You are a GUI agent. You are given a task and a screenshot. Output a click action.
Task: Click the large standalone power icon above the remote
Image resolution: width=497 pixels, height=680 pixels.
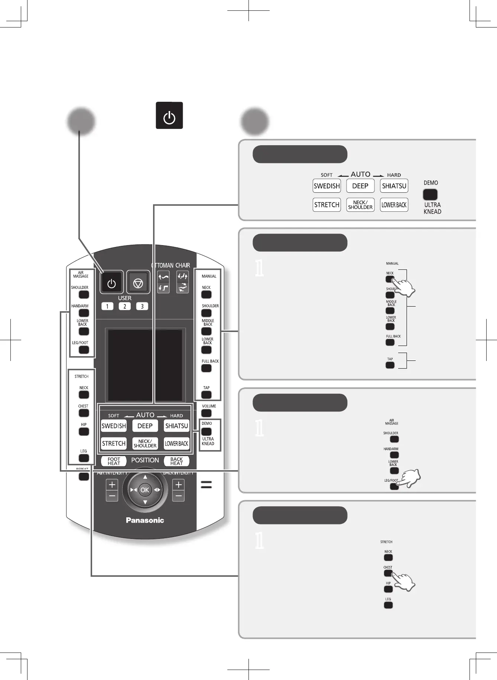pyautogui.click(x=169, y=115)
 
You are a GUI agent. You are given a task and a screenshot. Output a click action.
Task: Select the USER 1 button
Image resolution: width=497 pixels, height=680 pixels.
pyautogui.click(x=107, y=306)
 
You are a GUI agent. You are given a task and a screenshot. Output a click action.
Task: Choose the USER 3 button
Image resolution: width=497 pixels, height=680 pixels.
pyautogui.click(x=142, y=306)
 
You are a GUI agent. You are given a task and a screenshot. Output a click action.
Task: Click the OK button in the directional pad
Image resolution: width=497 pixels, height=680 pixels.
pyautogui.click(x=145, y=490)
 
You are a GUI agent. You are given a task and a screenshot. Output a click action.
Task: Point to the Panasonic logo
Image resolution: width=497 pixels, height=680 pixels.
pyautogui.click(x=145, y=520)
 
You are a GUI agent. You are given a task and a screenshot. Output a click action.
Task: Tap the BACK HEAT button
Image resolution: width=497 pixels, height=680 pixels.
pyautogui.click(x=176, y=461)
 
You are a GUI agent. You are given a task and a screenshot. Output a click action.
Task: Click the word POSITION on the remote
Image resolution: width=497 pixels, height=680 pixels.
pyautogui.click(x=145, y=460)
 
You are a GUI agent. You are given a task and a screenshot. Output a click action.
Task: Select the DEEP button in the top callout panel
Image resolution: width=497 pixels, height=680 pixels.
pyautogui.click(x=360, y=186)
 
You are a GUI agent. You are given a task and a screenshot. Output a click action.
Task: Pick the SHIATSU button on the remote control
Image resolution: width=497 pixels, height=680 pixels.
pyautogui.click(x=176, y=426)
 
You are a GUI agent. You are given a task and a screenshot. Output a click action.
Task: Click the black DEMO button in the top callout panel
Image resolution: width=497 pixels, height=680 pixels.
pyautogui.click(x=430, y=195)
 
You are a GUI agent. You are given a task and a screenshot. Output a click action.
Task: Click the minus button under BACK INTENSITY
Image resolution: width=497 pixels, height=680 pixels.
pyautogui.click(x=178, y=496)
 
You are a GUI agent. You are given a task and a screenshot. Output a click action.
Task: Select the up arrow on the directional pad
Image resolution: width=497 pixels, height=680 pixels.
pyautogui.click(x=145, y=477)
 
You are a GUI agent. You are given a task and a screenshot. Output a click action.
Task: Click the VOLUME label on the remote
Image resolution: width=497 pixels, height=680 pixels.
pyautogui.click(x=209, y=406)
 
